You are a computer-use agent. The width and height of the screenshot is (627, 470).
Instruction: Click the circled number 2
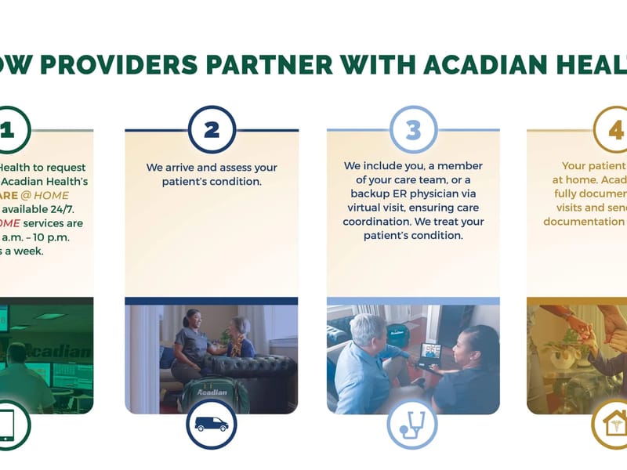pos(212,130)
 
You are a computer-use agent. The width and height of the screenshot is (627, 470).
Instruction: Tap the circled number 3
pos(413,130)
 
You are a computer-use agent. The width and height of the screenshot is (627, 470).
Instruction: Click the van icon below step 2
pos(212,425)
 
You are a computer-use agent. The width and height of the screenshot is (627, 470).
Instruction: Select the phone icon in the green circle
pos(9,425)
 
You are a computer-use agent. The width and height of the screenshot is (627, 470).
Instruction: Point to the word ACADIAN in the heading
pos(477,64)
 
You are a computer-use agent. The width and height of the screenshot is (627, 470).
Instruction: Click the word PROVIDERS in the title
pos(118,64)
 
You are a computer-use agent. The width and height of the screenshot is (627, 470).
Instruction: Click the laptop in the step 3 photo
pos(431,355)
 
